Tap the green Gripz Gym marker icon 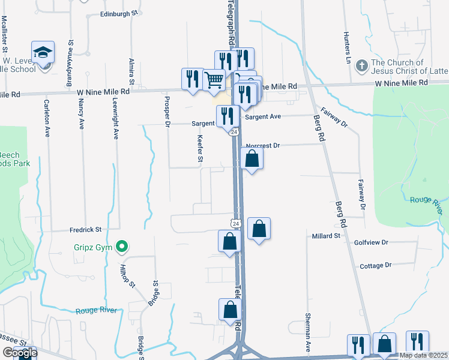(122, 246)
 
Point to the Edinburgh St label (119, 13)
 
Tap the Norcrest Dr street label (264, 145)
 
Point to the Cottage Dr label (375, 265)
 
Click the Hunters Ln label (347, 47)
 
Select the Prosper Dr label (167, 110)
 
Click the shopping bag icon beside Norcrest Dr (252, 158)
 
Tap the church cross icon (362, 64)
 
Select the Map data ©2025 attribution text (423, 355)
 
